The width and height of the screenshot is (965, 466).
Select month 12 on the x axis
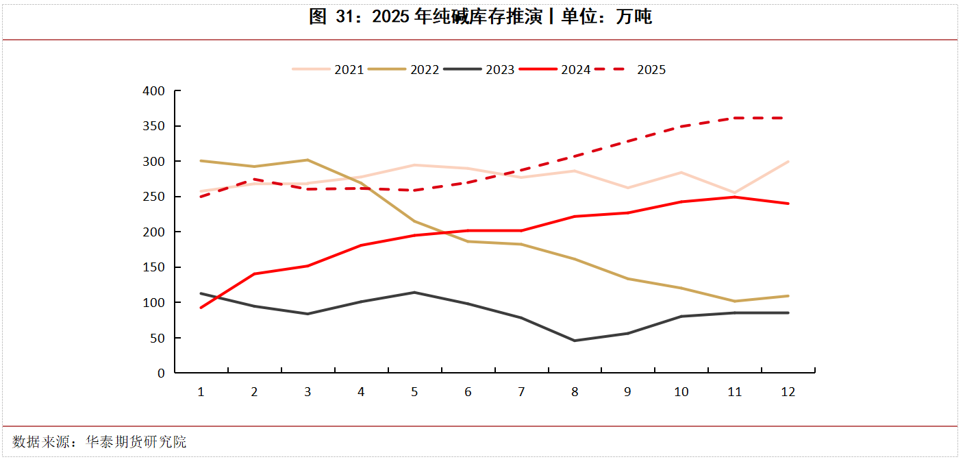(x=788, y=392)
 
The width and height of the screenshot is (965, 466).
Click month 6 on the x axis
(x=468, y=392)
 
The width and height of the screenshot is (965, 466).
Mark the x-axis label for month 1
(x=201, y=392)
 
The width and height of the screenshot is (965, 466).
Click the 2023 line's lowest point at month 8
(x=575, y=341)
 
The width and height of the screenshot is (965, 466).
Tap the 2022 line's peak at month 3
(x=308, y=160)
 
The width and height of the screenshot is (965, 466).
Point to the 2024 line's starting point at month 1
(x=201, y=308)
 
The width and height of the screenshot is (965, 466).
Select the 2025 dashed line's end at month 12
(x=788, y=118)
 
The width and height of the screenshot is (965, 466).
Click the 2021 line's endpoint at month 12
(x=788, y=162)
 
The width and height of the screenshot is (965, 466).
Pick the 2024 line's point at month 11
(x=735, y=197)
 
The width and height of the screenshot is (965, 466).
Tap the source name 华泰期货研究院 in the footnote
(x=136, y=442)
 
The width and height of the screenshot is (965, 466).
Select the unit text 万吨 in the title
(x=634, y=17)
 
